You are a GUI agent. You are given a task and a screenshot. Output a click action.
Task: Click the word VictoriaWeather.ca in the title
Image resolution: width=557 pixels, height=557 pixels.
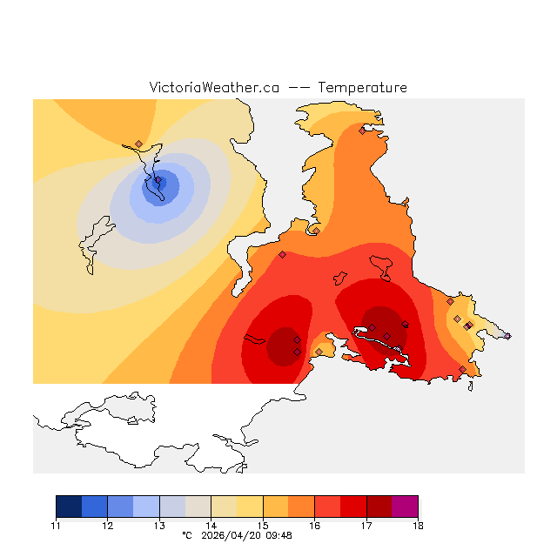(x=214, y=88)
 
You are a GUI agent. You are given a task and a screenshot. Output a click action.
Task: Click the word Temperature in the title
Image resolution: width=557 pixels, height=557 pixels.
(x=362, y=88)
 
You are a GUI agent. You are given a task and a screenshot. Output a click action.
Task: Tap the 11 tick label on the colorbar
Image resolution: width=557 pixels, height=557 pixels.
(x=56, y=526)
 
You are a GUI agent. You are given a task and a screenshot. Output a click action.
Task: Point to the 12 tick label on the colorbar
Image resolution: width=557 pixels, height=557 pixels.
(x=107, y=526)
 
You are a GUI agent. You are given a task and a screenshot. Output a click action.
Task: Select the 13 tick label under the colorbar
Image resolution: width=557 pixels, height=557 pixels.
(x=159, y=526)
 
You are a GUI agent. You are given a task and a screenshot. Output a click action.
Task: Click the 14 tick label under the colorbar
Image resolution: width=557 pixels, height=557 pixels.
(x=211, y=526)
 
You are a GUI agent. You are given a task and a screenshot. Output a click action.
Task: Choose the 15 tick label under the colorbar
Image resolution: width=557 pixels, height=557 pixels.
(x=263, y=526)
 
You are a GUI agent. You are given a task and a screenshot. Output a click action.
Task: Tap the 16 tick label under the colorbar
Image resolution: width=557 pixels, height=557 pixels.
(x=314, y=526)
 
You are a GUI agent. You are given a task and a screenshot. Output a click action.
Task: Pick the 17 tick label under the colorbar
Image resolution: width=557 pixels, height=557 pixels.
(x=366, y=526)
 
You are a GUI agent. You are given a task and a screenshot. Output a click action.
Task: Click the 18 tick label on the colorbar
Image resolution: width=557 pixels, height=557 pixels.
(x=418, y=526)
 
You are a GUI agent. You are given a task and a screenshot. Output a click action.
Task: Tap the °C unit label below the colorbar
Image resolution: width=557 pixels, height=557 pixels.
(x=186, y=536)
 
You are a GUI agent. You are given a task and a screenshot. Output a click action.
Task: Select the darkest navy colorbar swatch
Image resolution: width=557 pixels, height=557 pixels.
(x=69, y=507)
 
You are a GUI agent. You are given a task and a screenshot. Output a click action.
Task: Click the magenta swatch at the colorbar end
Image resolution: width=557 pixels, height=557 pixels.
(x=405, y=507)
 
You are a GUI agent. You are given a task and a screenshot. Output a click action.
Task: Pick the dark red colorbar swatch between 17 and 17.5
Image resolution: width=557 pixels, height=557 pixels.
(x=379, y=507)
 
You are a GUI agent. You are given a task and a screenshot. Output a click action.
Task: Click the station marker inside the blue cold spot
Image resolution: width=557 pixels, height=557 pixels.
(x=158, y=181)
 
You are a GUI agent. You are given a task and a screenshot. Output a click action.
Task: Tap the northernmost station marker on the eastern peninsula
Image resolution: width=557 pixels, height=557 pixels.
(x=362, y=131)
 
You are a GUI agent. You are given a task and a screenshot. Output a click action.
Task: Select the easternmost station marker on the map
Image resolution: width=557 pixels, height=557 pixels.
(x=507, y=336)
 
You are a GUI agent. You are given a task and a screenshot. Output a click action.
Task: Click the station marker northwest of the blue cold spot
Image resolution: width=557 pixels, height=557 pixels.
(x=138, y=144)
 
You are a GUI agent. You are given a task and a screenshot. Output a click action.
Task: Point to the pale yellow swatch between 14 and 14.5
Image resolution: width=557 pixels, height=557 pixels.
(x=224, y=507)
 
